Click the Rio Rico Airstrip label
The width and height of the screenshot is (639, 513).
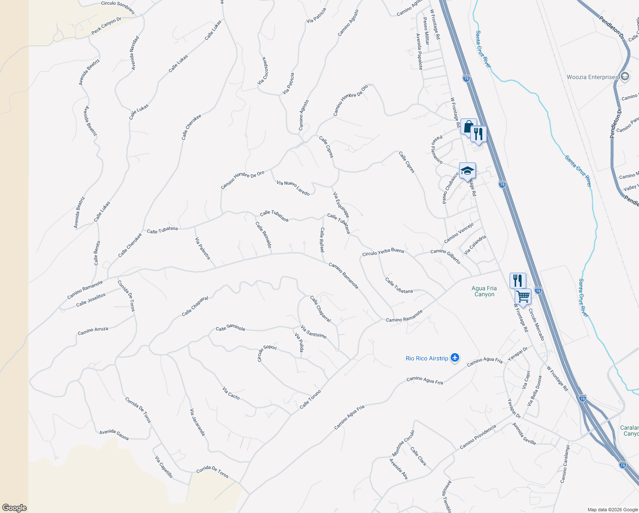click(427, 358)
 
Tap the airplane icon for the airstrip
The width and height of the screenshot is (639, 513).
click(455, 358)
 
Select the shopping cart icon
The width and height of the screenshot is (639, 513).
click(523, 296)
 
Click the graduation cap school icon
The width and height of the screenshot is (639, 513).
click(467, 170)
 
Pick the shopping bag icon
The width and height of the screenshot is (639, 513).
click(468, 127)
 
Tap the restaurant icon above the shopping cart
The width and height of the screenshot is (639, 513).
click(518, 280)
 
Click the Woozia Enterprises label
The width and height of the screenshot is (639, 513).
click(592, 77)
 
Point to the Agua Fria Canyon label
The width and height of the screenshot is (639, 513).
click(484, 291)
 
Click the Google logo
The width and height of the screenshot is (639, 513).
click(14, 507)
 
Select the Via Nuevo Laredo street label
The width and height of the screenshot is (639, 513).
click(293, 188)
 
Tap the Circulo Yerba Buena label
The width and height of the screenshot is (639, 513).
click(383, 252)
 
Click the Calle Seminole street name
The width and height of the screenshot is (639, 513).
click(231, 328)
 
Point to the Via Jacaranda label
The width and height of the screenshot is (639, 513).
click(197, 422)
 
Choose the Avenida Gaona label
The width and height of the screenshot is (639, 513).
click(114, 434)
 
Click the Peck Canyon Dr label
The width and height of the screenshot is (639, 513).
click(106, 26)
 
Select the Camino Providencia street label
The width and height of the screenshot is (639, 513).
click(478, 437)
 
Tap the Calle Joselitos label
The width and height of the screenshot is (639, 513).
click(91, 300)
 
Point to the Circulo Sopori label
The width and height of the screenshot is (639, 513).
click(267, 353)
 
